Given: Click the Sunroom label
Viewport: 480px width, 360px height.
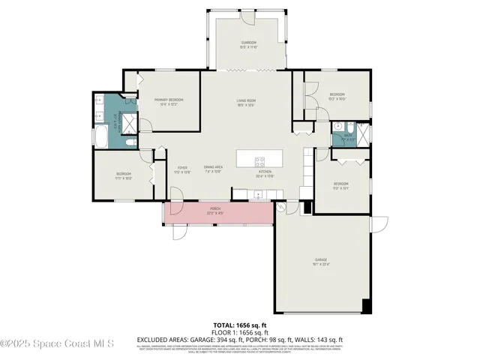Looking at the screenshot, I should point(249,44).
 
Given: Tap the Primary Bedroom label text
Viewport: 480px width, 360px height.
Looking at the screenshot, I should point(169,101).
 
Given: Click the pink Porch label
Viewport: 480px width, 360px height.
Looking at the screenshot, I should point(216,211).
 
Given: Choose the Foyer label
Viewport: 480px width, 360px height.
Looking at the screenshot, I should point(181,169).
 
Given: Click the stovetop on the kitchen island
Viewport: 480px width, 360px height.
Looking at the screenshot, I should point(260,159).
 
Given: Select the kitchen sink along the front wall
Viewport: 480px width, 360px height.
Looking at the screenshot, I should point(257,195).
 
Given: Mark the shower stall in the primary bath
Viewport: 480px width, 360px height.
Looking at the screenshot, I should point(128,122).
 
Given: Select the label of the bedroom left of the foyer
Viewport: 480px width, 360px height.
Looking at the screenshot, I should point(124,176).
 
